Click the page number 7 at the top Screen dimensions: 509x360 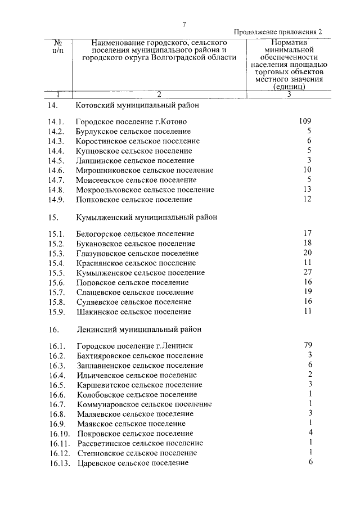pos(183,24)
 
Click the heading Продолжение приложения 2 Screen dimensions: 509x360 pos(278,33)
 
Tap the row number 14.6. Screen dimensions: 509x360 pos(56,170)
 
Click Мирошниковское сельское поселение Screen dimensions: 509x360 pos(145,170)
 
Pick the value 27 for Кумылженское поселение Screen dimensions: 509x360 pos(307,272)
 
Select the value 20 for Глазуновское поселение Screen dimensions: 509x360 pos(307,253)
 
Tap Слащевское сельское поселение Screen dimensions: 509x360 pos(134,292)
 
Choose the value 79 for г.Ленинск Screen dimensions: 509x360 pos(307,345)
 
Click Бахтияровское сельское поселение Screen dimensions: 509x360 pos(139,355)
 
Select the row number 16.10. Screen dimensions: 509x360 pos(58,434)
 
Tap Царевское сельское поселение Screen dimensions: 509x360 pos(132,463)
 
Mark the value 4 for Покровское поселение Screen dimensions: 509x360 pos(310,433)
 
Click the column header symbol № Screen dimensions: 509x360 pos(57,42)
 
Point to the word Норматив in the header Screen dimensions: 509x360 pos(289,42)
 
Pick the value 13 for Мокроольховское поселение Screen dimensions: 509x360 pos(307,190)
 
